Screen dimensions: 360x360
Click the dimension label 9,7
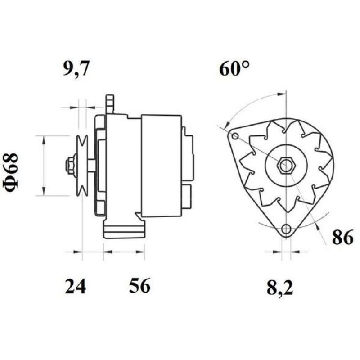click(76, 70)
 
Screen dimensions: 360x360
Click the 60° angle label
click(234, 69)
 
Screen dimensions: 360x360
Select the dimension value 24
click(75, 286)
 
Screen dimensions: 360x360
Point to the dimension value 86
click(342, 238)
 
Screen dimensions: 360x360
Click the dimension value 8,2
click(279, 288)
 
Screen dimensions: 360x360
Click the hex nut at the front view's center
click(284, 166)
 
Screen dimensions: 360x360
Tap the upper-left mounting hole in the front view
click(234, 136)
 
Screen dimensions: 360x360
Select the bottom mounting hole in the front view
click(285, 229)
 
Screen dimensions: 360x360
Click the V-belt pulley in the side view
click(82, 166)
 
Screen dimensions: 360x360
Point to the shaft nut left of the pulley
click(70, 165)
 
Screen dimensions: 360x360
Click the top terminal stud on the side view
click(109, 103)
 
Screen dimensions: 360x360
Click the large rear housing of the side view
click(161, 165)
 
